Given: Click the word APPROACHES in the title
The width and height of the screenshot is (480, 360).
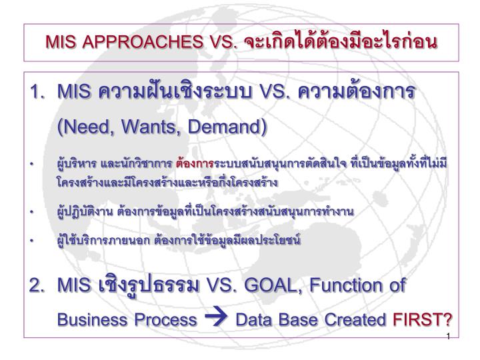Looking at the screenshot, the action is click(143, 42).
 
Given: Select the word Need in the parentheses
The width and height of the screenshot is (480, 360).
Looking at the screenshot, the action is click(87, 127).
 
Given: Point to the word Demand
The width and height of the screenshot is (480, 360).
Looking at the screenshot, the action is click(225, 127).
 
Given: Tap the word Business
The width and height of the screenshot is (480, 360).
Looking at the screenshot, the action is click(93, 319).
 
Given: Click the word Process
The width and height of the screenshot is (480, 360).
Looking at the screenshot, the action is click(165, 319).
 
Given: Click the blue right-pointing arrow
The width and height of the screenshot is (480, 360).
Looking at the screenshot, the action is click(216, 316).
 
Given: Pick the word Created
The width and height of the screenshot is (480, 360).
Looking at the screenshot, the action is click(355, 319).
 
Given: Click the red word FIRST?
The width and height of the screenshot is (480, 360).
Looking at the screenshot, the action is click(422, 319).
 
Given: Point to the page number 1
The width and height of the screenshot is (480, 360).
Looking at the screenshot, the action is click(448, 337).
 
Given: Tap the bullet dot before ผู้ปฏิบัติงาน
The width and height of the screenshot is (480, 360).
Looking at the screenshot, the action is click(31, 212).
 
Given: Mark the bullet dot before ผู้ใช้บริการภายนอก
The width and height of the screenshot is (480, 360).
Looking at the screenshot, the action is click(31, 241).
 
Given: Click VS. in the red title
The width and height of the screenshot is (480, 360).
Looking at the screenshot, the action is click(223, 42).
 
